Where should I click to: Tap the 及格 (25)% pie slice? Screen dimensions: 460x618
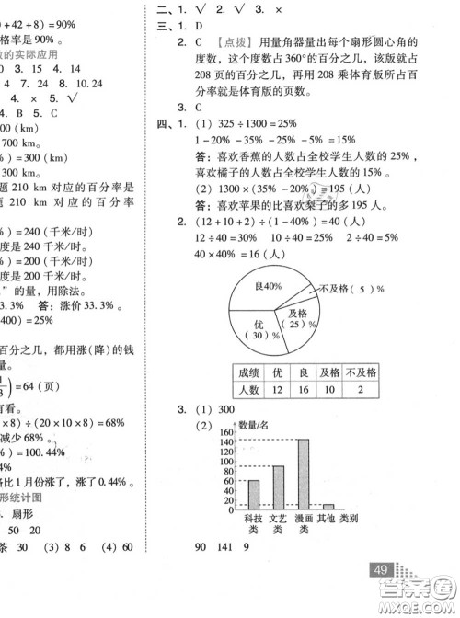[297, 323]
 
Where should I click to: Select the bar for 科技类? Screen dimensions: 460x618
[254, 494]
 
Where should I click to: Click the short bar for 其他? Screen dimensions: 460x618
[328, 506]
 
